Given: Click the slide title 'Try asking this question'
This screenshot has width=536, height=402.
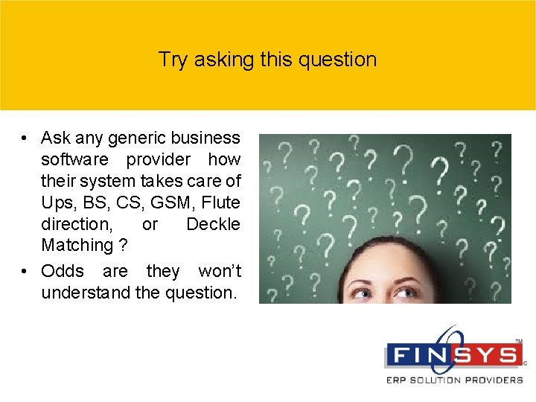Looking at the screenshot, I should click(x=267, y=60).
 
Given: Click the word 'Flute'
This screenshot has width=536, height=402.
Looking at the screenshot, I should click(x=221, y=202).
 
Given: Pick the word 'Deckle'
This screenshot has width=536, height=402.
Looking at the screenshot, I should click(x=213, y=224).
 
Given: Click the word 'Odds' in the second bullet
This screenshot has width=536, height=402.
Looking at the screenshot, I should click(x=63, y=271).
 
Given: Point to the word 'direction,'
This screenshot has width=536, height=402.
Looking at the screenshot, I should click(x=76, y=224).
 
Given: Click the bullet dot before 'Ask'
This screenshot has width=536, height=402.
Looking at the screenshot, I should click(x=25, y=139).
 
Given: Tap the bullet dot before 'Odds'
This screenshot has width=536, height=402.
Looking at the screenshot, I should click(x=25, y=272).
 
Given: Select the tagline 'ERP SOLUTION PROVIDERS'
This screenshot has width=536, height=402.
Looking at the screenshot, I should click(x=454, y=380).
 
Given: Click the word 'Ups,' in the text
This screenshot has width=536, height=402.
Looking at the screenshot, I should click(x=57, y=202).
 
